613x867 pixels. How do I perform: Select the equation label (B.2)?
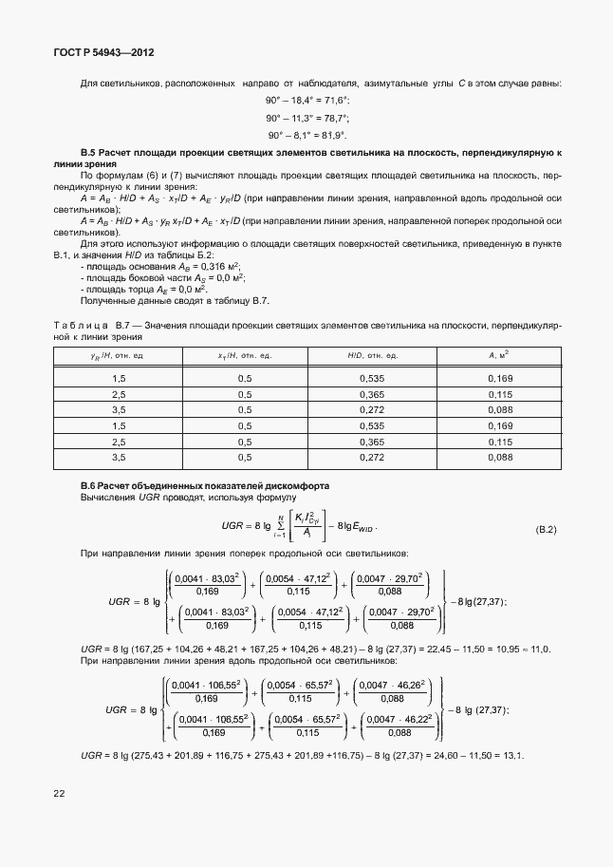click(546, 528)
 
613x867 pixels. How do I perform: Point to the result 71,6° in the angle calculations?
click(334, 101)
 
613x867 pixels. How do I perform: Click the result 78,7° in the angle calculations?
click(334, 118)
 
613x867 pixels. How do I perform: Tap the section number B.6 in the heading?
click(91, 485)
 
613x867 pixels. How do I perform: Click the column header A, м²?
click(499, 354)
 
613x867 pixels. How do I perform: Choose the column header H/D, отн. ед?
click(372, 354)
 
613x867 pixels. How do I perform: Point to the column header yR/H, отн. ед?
click(119, 354)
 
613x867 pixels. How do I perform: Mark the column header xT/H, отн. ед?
click(245, 354)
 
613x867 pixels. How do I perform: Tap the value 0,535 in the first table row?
click(372, 378)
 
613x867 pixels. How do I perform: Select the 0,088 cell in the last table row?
click(499, 458)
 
